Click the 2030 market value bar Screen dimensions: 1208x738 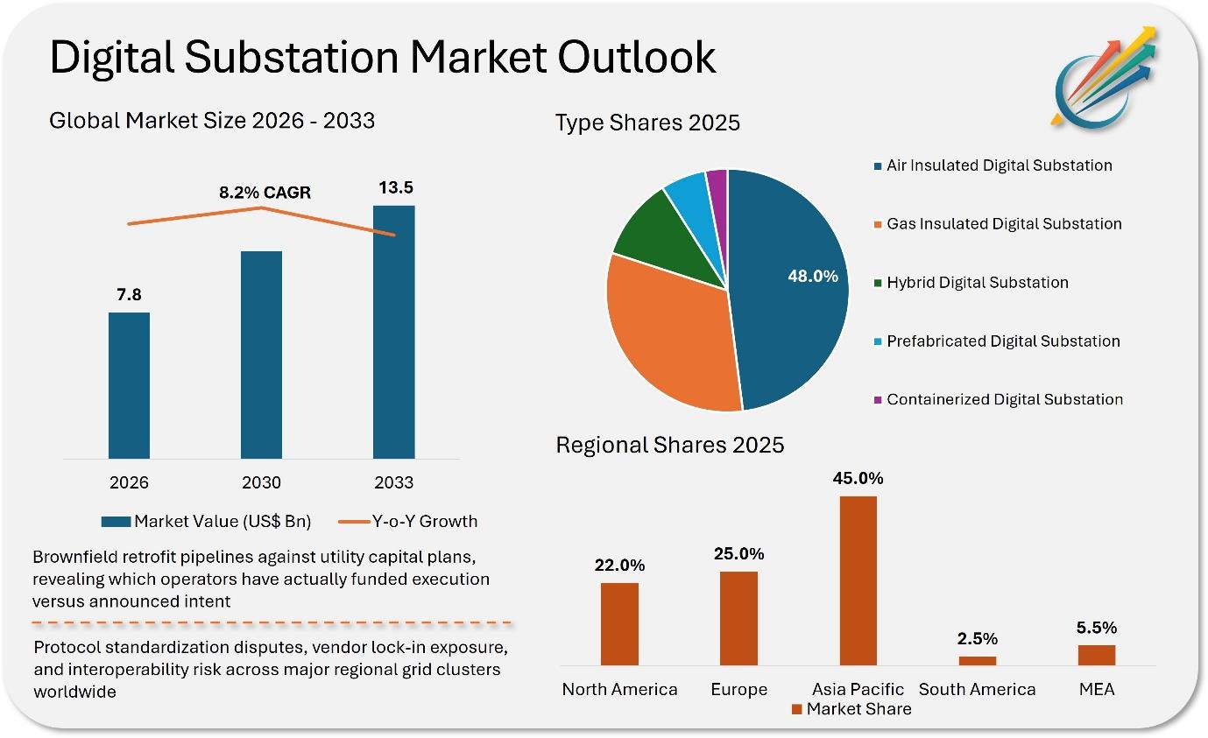click(261, 355)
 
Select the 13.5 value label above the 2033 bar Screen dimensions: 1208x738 click(396, 187)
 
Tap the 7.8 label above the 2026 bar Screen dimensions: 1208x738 click(129, 294)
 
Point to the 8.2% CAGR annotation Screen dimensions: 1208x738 click(265, 193)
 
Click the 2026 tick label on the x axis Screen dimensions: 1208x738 click(129, 482)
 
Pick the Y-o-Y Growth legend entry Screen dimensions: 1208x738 click(407, 521)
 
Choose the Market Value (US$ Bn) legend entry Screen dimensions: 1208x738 click(207, 521)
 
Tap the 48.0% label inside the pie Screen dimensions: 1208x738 click(813, 276)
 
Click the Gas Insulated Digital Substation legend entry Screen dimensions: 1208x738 click(998, 224)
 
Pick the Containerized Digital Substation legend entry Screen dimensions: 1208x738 click(999, 399)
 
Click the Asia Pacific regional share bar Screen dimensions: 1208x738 click(858, 580)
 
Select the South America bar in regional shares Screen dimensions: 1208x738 click(978, 661)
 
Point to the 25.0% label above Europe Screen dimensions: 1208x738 click(738, 553)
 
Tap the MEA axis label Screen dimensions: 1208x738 click(1097, 689)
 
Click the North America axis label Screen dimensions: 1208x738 click(619, 689)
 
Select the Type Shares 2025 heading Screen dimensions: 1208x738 click(647, 123)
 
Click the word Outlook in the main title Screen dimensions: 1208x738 click(636, 57)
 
